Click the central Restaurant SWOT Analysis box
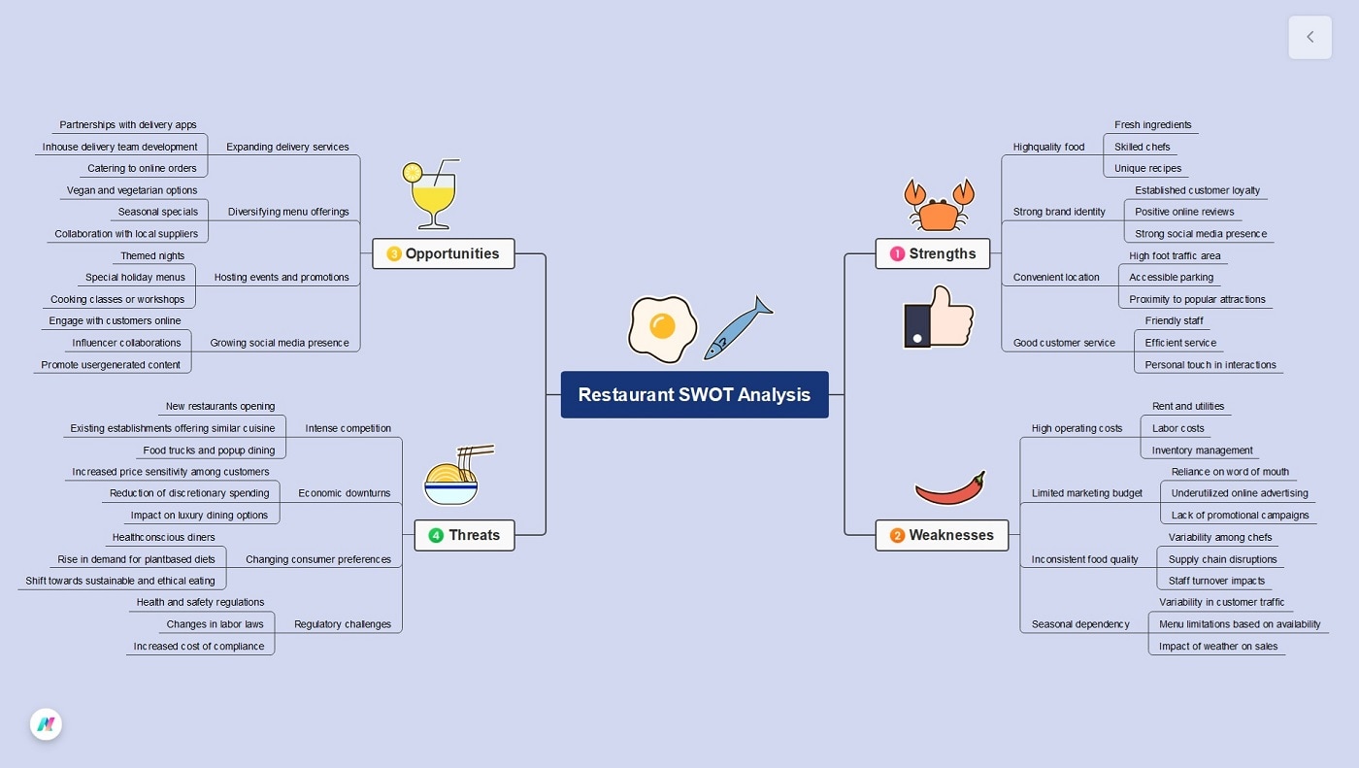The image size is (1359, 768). point(694,394)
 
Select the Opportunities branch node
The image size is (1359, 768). point(443,253)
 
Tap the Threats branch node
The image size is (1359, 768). point(464,535)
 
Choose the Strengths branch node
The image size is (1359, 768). point(933,253)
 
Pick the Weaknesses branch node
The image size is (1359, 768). point(942,535)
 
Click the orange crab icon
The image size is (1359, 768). point(940,205)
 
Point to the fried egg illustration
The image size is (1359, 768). point(662,329)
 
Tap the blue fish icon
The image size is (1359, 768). point(738,328)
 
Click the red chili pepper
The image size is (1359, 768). point(950,488)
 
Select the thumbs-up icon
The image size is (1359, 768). point(939,317)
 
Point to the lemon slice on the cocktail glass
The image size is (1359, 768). point(413,172)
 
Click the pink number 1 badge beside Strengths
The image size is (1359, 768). point(897,253)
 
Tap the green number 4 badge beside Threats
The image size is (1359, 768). point(436,535)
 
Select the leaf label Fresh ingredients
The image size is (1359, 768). point(1153,125)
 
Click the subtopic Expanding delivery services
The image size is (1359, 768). point(287,147)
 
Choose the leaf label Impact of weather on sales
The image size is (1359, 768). point(1218,646)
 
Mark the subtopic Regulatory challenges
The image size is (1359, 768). point(342,624)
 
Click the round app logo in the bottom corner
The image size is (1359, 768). point(47,724)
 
